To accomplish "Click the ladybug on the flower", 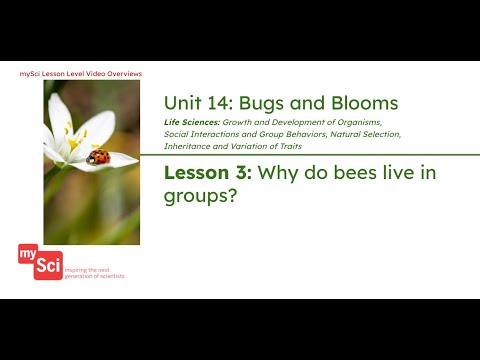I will [98, 156].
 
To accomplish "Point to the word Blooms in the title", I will [364, 103].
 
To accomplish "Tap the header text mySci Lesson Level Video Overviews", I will [81, 74].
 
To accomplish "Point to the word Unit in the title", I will [183, 103].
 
